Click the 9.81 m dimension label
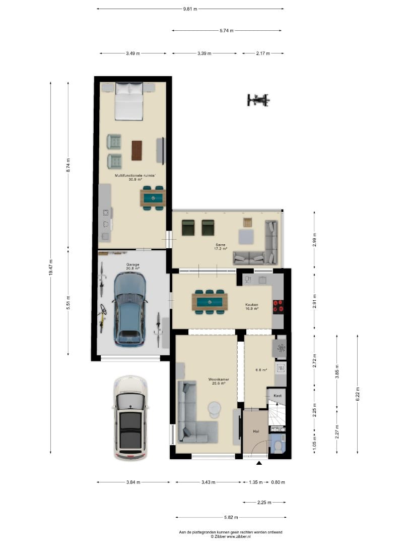pos(190,9)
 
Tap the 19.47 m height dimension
pos(51,267)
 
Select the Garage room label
pos(133,264)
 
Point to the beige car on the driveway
pos(130,418)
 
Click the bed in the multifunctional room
pos(129,101)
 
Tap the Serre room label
pos(221,245)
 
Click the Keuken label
pos(251,304)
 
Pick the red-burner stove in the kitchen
pos(278,307)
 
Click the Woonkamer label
pos(219,379)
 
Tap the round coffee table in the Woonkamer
pos(214,409)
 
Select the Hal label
pos(256,431)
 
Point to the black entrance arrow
pos(259,463)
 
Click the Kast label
pos(277,396)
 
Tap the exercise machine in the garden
pos(258,100)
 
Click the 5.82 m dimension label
pos(231,517)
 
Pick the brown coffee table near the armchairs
pos(137,150)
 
